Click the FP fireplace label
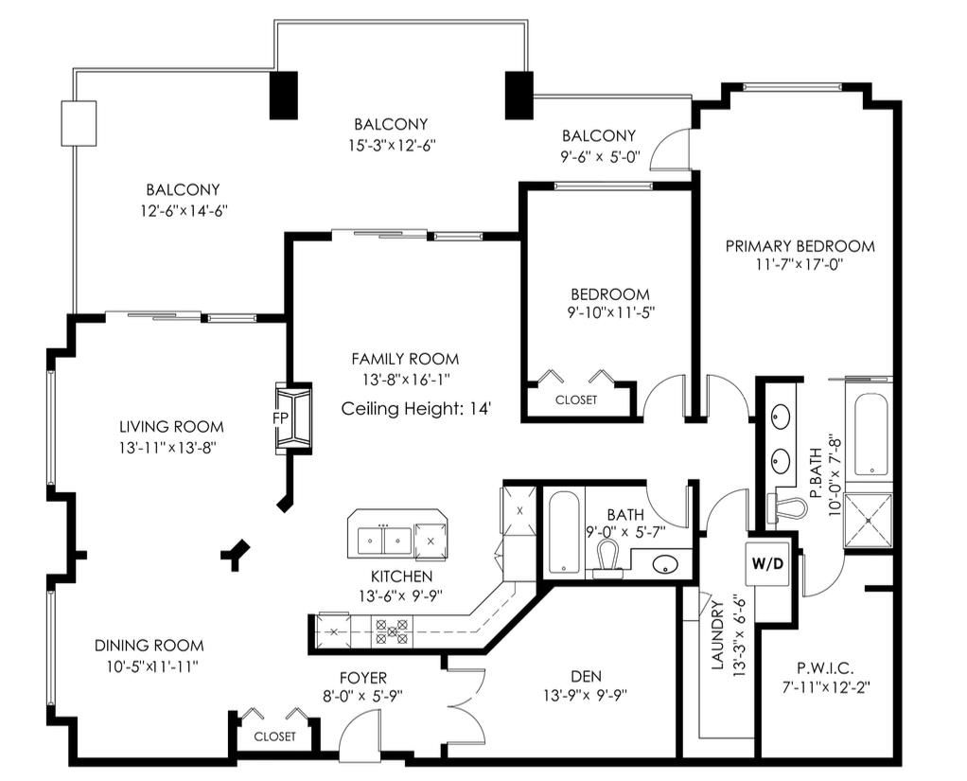click(281, 417)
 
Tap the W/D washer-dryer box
click(767, 563)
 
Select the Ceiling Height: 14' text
click(415, 408)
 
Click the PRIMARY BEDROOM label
click(800, 246)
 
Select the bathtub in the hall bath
click(564, 532)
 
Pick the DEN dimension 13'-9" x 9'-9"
click(586, 696)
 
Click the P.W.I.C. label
click(825, 666)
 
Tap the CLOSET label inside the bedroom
click(576, 399)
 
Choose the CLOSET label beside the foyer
click(275, 737)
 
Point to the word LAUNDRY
click(717, 635)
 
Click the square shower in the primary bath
click(868, 520)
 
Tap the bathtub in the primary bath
click(870, 435)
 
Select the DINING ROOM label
click(149, 646)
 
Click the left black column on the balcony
click(284, 95)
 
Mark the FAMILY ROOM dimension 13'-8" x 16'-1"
click(405, 380)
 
